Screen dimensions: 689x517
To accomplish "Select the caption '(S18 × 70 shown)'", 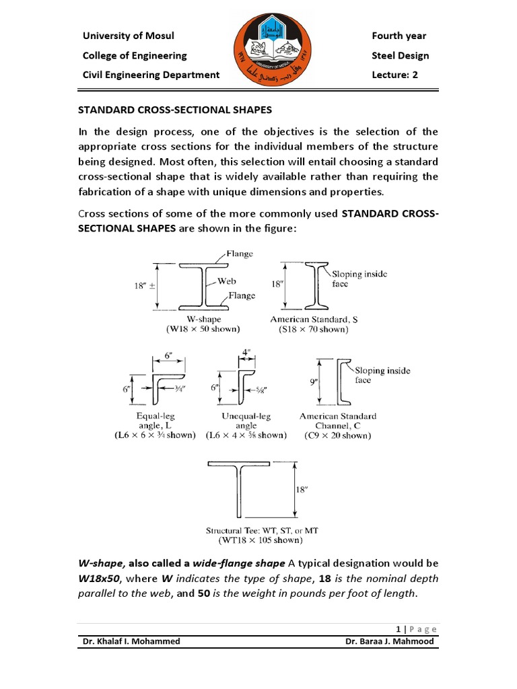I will click(x=314, y=330).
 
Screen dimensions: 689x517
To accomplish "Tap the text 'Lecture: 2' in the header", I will click(x=394, y=75).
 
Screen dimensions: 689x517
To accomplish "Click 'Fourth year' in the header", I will click(x=399, y=36).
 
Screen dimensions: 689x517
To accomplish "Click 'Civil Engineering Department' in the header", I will click(x=151, y=75).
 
